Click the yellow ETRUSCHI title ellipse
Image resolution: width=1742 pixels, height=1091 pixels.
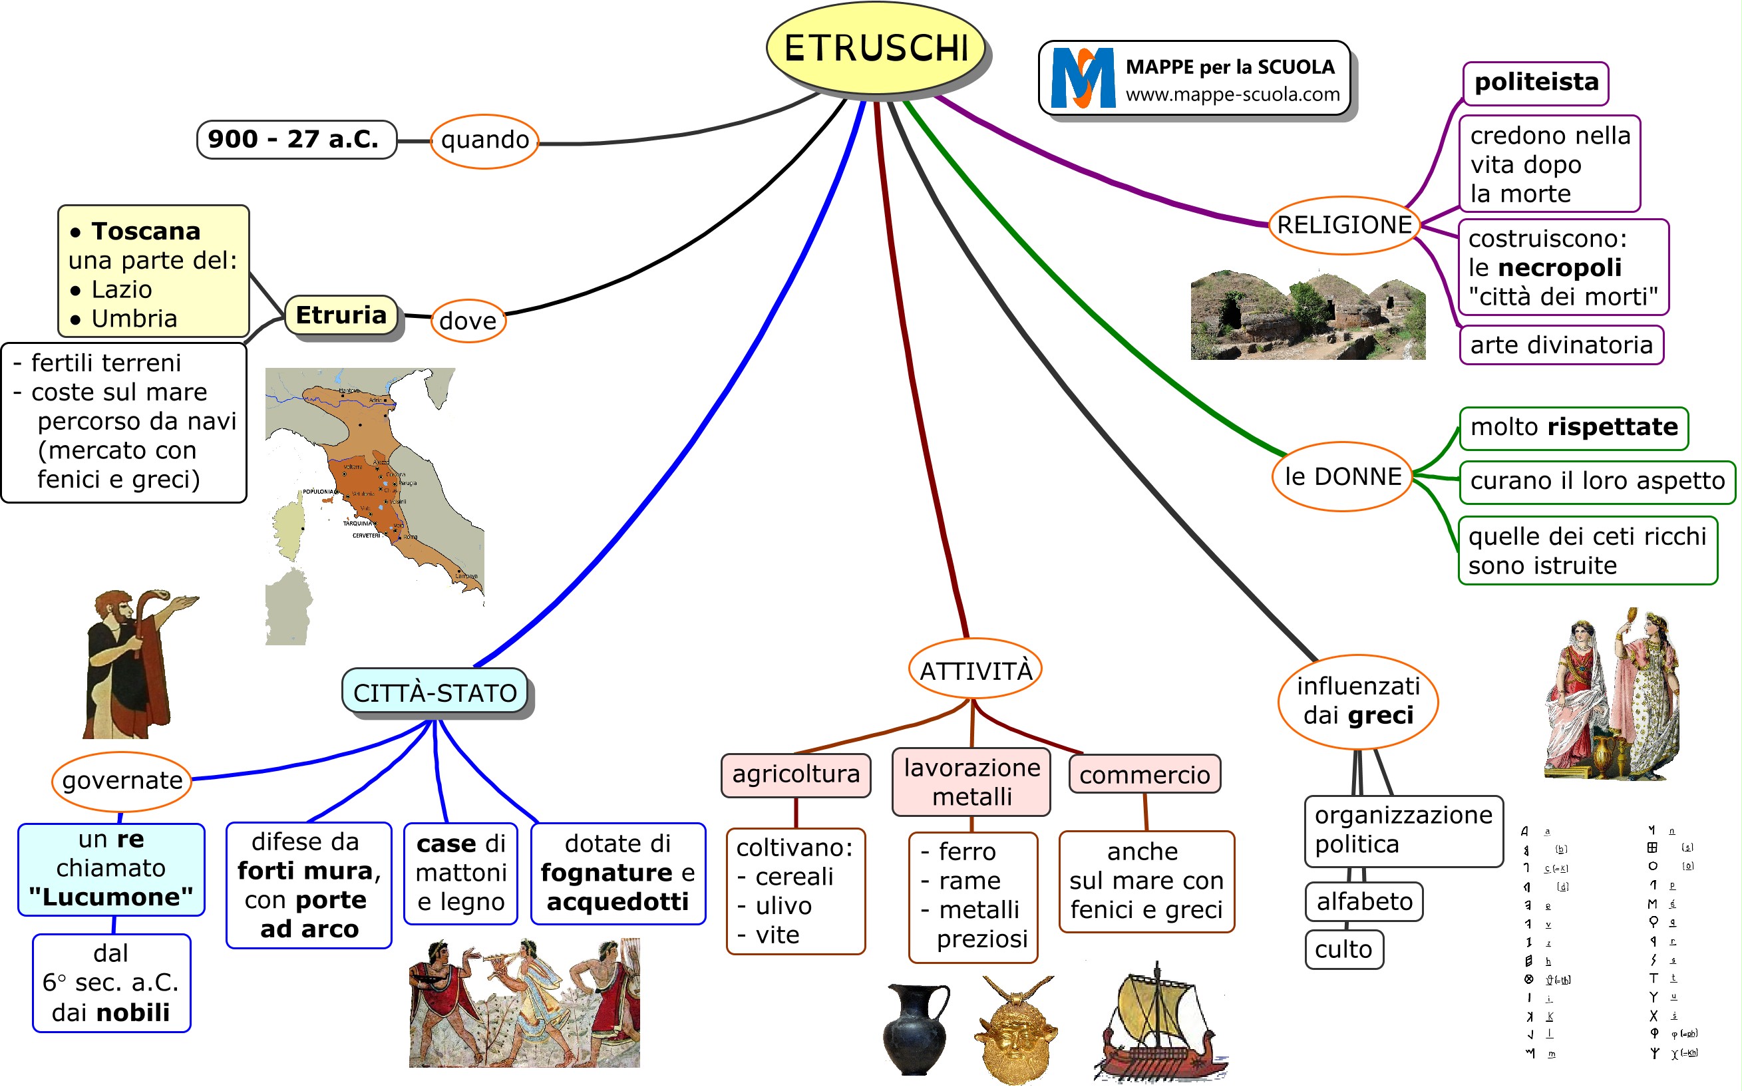click(876, 49)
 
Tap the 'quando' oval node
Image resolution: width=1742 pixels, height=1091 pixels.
click(484, 141)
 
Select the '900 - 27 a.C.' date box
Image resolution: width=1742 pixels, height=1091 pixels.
click(296, 139)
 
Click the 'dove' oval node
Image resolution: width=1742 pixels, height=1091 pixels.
click(468, 321)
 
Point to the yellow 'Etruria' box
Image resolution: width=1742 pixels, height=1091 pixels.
click(341, 315)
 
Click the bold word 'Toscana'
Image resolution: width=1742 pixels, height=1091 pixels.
click(145, 232)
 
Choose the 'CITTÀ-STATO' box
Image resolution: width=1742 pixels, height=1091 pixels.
click(435, 692)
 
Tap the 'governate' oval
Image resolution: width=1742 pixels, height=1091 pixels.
click(122, 781)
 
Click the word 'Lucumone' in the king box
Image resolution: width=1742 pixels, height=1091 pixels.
click(111, 897)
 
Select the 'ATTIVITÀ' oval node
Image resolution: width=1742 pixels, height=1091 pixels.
click(975, 670)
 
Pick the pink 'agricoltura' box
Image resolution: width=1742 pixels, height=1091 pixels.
click(795, 775)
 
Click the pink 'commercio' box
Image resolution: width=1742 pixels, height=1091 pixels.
click(1144, 775)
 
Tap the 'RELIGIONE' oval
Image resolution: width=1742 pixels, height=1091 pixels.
click(1343, 225)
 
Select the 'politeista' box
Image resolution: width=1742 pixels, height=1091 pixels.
click(1536, 83)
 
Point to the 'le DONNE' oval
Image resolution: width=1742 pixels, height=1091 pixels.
click(1342, 477)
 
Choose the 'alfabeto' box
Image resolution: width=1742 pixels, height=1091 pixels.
click(1364, 901)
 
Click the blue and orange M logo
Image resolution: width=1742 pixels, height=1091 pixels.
click(1082, 78)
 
